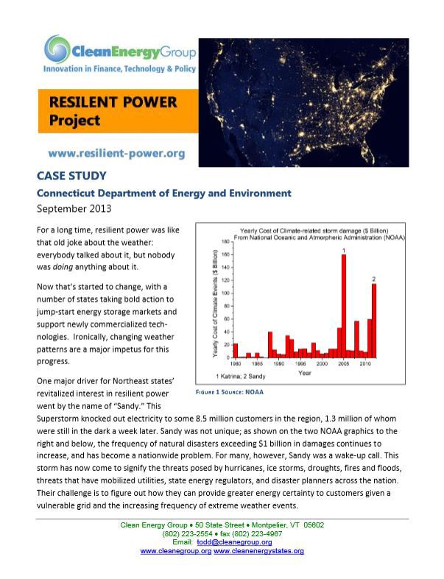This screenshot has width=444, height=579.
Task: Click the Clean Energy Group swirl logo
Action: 56,50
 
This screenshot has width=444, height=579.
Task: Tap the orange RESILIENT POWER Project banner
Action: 118,110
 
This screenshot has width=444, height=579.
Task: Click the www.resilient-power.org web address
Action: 116,154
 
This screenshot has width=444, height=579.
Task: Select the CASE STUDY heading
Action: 71,176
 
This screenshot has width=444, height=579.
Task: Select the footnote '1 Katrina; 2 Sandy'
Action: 233,375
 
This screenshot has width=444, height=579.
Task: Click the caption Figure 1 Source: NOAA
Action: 229,392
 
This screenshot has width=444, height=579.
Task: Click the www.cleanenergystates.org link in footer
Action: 258,551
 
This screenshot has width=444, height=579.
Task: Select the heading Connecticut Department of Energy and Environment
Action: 164,193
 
